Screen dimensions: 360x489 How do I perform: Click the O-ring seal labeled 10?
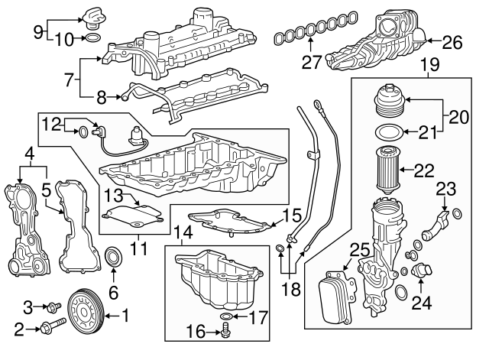92,37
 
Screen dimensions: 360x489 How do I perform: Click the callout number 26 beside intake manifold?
452,43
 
